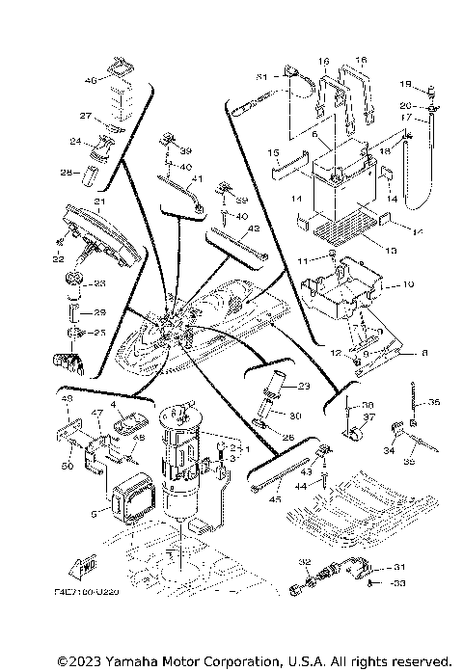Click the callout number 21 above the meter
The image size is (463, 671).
98,201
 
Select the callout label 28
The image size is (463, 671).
66,173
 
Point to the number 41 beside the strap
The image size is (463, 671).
196,178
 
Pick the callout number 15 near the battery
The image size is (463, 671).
273,152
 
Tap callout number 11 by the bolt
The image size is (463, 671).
303,261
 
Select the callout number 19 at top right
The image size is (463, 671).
405,85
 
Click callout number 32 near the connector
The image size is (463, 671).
303,561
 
